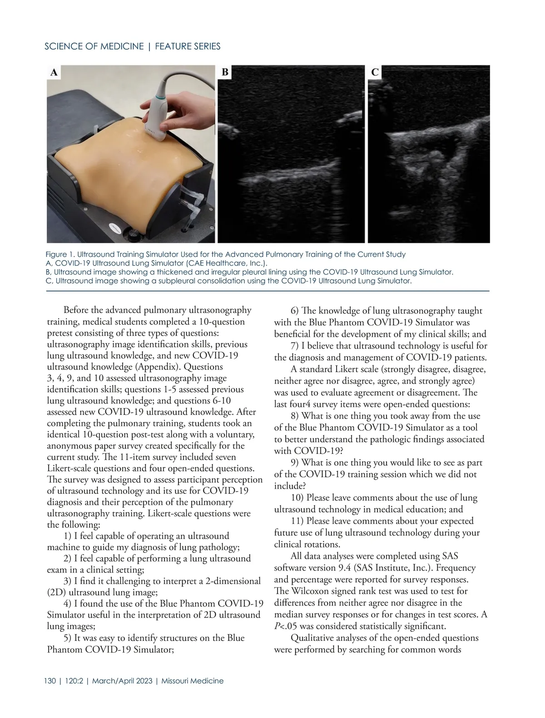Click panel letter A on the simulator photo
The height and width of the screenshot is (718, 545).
pyautogui.click(x=54, y=73)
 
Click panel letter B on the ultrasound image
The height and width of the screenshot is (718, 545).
pyautogui.click(x=225, y=72)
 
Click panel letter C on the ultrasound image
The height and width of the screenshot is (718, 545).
pyautogui.click(x=375, y=72)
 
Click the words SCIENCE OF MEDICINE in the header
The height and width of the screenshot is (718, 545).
pyautogui.click(x=94, y=46)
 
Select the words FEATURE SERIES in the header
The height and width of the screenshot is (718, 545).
pyautogui.click(x=188, y=46)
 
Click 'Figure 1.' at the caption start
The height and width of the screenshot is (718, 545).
pyautogui.click(x=60, y=254)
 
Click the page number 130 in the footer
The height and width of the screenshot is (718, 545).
pyautogui.click(x=50, y=681)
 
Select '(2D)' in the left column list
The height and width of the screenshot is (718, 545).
pyautogui.click(x=57, y=592)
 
